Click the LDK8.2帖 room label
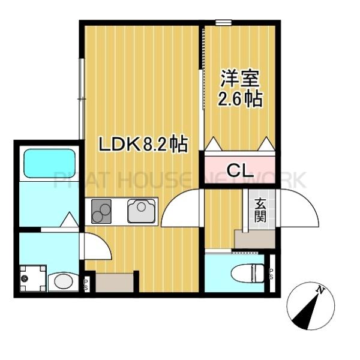click(143, 144)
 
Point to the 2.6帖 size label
click(240, 99)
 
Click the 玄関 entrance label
click(260, 210)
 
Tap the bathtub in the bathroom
click(49, 163)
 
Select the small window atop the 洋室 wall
click(224, 23)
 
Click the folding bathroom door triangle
click(69, 220)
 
